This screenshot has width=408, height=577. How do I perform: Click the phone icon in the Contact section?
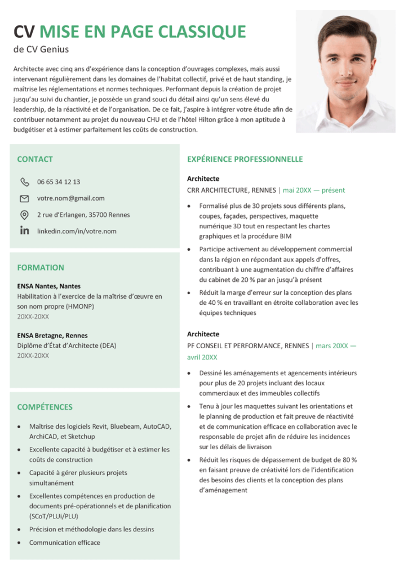(24, 182)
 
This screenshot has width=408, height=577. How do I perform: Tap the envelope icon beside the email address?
(24, 198)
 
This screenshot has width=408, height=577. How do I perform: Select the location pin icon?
(24, 215)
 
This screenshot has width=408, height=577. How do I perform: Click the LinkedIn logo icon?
(24, 231)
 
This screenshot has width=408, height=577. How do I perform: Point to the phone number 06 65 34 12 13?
(59, 182)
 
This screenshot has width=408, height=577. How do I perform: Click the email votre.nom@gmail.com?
(71, 198)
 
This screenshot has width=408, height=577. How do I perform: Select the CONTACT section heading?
(35, 159)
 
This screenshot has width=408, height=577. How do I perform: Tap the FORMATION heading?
(41, 268)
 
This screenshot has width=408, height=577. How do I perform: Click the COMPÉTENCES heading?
(45, 407)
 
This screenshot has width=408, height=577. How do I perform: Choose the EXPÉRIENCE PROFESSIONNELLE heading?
(245, 159)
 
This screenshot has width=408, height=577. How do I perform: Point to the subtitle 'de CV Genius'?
(41, 50)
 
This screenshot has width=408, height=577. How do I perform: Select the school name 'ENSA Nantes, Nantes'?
(49, 286)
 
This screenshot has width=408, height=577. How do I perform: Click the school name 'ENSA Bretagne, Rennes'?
(52, 335)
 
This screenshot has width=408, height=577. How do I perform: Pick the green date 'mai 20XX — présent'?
(314, 190)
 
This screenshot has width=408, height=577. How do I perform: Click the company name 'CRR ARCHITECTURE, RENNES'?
(231, 190)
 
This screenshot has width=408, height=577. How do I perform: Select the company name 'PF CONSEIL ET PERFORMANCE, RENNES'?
(248, 345)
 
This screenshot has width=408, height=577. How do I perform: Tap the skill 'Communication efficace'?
(65, 543)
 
